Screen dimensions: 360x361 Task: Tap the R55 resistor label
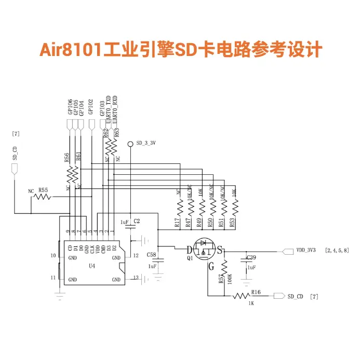point(43,190)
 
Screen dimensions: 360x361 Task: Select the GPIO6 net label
point(70,106)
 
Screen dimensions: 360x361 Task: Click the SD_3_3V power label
point(146,143)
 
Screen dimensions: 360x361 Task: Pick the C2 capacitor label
point(137,221)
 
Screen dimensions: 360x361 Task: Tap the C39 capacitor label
point(251,257)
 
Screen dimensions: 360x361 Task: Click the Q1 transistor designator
point(190,257)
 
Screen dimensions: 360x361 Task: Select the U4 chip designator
point(92,266)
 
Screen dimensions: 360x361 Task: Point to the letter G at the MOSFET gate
point(211,268)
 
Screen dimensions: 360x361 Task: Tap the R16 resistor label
point(256,292)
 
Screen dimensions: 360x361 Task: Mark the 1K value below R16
point(251,303)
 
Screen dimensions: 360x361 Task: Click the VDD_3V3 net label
point(306,250)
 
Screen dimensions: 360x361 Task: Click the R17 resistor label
point(177,223)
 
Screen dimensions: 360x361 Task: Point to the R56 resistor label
point(67,158)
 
